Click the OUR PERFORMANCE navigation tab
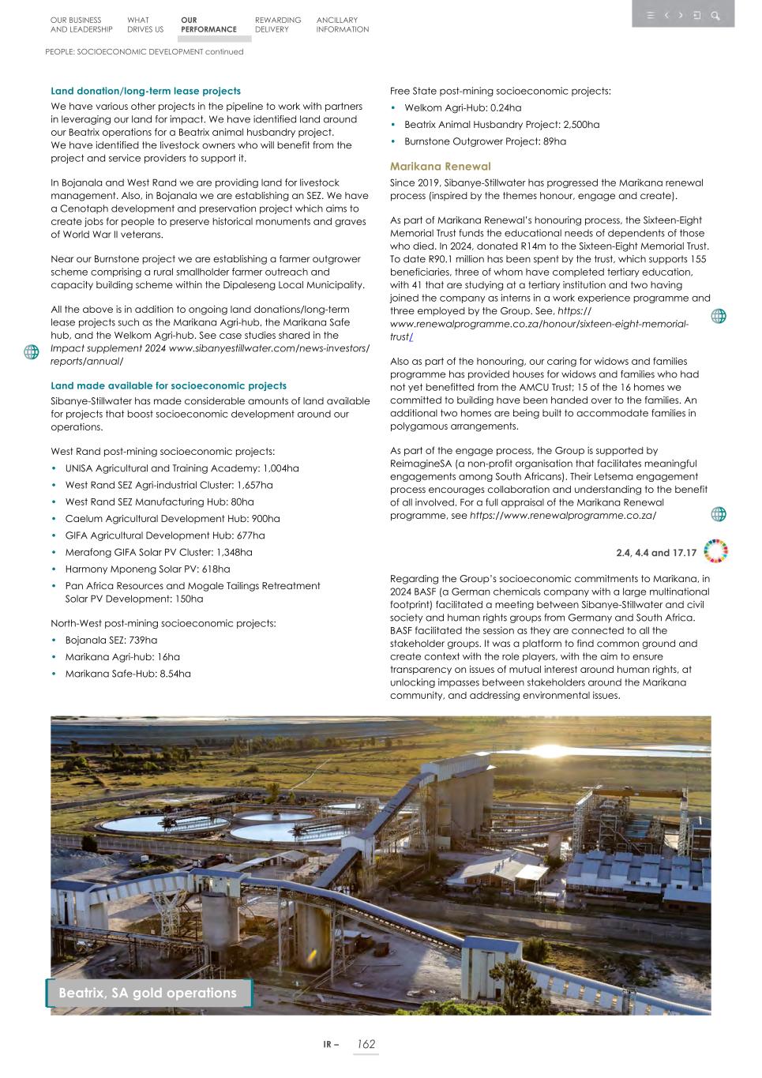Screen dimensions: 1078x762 [x=208, y=24]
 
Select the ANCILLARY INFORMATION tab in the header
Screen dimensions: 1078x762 [x=342, y=24]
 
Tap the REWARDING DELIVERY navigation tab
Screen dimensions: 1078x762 [x=277, y=24]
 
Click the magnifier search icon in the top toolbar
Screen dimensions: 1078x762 [x=715, y=15]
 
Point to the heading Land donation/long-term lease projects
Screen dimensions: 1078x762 [x=145, y=91]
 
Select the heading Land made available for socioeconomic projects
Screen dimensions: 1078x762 [x=168, y=385]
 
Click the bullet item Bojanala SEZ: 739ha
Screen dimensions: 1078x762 [x=111, y=640]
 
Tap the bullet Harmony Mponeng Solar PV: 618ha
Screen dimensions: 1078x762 [x=148, y=569]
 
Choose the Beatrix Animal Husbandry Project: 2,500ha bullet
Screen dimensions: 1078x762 [x=501, y=125]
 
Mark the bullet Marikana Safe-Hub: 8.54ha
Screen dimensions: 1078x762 [x=128, y=674]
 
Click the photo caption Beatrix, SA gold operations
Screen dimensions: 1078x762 [x=148, y=993]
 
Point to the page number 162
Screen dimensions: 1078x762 [x=366, y=1044]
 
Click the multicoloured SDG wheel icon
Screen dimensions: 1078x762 [x=715, y=551]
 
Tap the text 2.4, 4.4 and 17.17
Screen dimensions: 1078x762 [x=655, y=553]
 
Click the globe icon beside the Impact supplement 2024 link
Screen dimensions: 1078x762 [x=31, y=352]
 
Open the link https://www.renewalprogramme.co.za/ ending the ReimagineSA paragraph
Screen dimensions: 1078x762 [x=562, y=516]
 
